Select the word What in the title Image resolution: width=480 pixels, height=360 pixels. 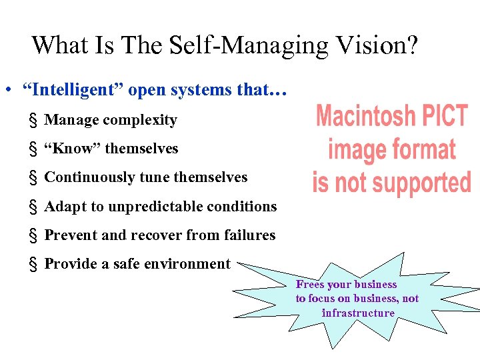(60, 45)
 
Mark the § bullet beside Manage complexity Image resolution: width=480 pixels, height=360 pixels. (32, 121)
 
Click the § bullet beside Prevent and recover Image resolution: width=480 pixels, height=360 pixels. (32, 235)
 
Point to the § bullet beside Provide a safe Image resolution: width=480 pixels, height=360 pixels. (32, 264)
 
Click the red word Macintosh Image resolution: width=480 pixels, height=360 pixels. (363, 116)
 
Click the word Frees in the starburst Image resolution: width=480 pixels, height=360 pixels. (310, 285)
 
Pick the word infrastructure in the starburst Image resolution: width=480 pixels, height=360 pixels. (358, 313)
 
